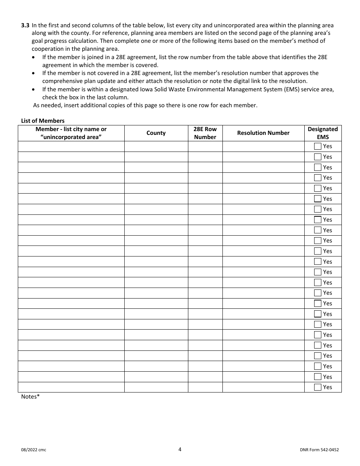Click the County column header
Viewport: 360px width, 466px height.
pos(156,133)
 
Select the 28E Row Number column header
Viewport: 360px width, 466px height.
pos(205,133)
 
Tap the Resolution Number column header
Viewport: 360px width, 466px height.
pos(263,133)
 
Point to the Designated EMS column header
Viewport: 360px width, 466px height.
pos(322,133)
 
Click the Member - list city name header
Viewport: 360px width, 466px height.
pos(71,133)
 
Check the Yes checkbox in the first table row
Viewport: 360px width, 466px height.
pos(318,146)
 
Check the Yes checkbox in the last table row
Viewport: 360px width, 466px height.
pos(318,387)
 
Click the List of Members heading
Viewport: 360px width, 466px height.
pos(43,120)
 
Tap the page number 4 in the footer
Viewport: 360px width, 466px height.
pos(180,449)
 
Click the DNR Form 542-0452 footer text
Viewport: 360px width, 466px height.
pos(316,450)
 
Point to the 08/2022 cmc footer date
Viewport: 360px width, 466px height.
pos(34,450)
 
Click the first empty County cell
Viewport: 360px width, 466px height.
pos(156,146)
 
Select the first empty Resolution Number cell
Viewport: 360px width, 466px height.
pos(263,146)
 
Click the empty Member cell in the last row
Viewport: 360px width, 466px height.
pos(71,387)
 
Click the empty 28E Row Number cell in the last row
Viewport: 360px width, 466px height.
pos(205,387)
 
